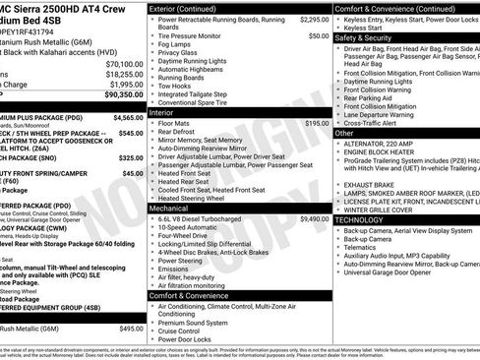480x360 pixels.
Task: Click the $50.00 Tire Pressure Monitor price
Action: tap(319, 35)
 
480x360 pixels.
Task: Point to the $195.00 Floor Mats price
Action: tap(317, 124)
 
